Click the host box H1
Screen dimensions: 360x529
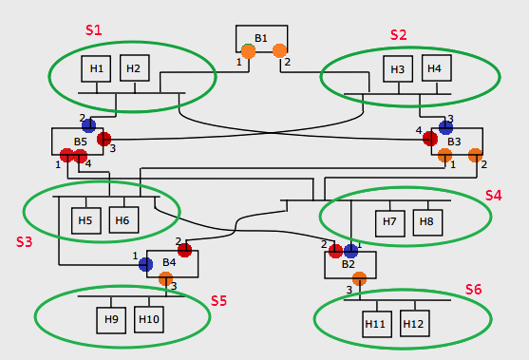coord(97,68)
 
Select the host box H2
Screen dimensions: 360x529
coord(133,68)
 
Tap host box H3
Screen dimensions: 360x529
coord(398,69)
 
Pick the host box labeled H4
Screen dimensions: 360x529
coord(434,68)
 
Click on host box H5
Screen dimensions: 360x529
coord(85,220)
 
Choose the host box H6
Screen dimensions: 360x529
coord(123,220)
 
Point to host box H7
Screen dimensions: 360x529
coord(389,222)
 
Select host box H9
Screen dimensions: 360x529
coord(111,319)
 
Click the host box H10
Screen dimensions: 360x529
coord(149,319)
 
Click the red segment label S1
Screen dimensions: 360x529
coord(93,29)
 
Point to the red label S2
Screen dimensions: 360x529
coord(398,34)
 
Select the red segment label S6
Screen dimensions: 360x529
coord(473,289)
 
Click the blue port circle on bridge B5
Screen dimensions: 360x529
coord(88,125)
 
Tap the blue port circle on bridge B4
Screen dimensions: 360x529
coord(145,264)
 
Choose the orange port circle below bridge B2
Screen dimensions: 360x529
coord(359,278)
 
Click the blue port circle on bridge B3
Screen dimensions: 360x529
coord(445,126)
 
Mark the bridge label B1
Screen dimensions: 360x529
coord(261,38)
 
